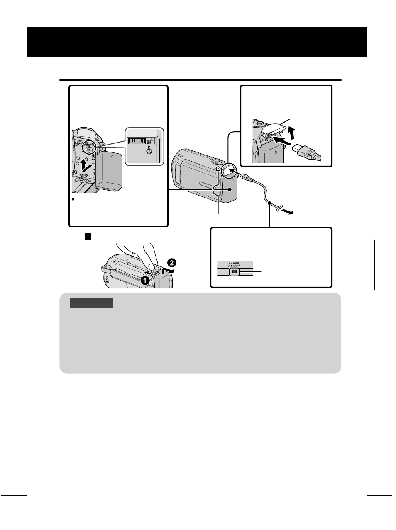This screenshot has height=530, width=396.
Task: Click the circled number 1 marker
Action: [x=145, y=281]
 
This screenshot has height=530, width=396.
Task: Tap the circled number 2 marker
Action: [x=172, y=262]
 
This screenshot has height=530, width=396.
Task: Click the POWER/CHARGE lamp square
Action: [x=234, y=272]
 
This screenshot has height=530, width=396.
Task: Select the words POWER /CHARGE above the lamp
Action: [x=234, y=264]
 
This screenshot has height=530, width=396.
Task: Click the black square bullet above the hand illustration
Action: [x=88, y=237]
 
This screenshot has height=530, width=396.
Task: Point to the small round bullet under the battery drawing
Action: [x=73, y=199]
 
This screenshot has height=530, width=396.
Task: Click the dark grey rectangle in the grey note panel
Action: [x=92, y=303]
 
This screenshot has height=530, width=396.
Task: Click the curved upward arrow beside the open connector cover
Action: [x=292, y=134]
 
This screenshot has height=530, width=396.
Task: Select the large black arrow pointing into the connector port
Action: [x=282, y=141]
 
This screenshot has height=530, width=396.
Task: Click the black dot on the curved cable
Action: [x=269, y=203]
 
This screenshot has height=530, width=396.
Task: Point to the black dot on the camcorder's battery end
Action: [x=230, y=189]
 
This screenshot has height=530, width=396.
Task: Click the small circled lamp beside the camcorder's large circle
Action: [x=218, y=169]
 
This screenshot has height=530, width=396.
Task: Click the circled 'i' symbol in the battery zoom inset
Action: [x=149, y=151]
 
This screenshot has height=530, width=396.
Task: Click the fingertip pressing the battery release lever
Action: [x=152, y=266]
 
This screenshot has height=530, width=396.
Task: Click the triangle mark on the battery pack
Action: [x=112, y=156]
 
